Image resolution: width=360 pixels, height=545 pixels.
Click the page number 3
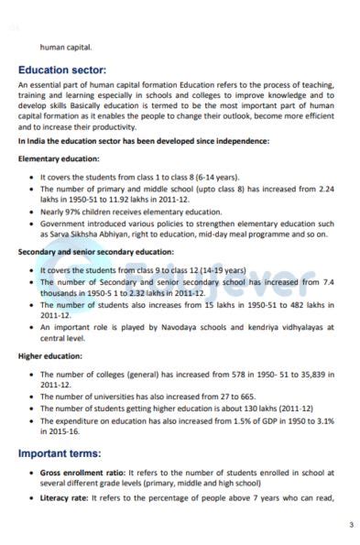351,525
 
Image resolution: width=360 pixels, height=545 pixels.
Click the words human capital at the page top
66,47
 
